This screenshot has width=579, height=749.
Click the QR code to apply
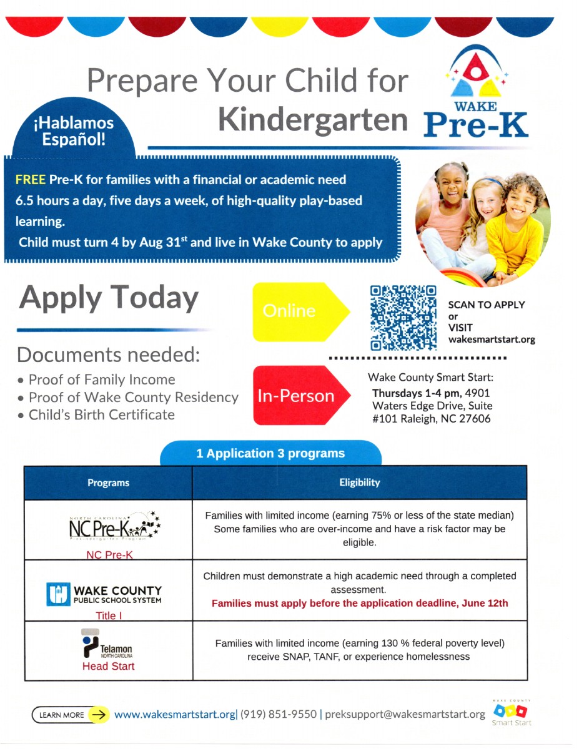click(403, 318)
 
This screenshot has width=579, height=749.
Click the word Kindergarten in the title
click(313, 119)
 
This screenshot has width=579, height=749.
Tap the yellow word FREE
click(31, 180)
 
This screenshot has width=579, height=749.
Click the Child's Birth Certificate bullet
click(101, 414)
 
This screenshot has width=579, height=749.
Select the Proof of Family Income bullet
click(101, 379)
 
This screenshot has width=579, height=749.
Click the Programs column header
click(108, 482)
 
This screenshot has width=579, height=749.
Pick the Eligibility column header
click(359, 482)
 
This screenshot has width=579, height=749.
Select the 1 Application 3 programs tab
click(270, 454)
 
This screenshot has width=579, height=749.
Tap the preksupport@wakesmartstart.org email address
click(405, 714)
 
